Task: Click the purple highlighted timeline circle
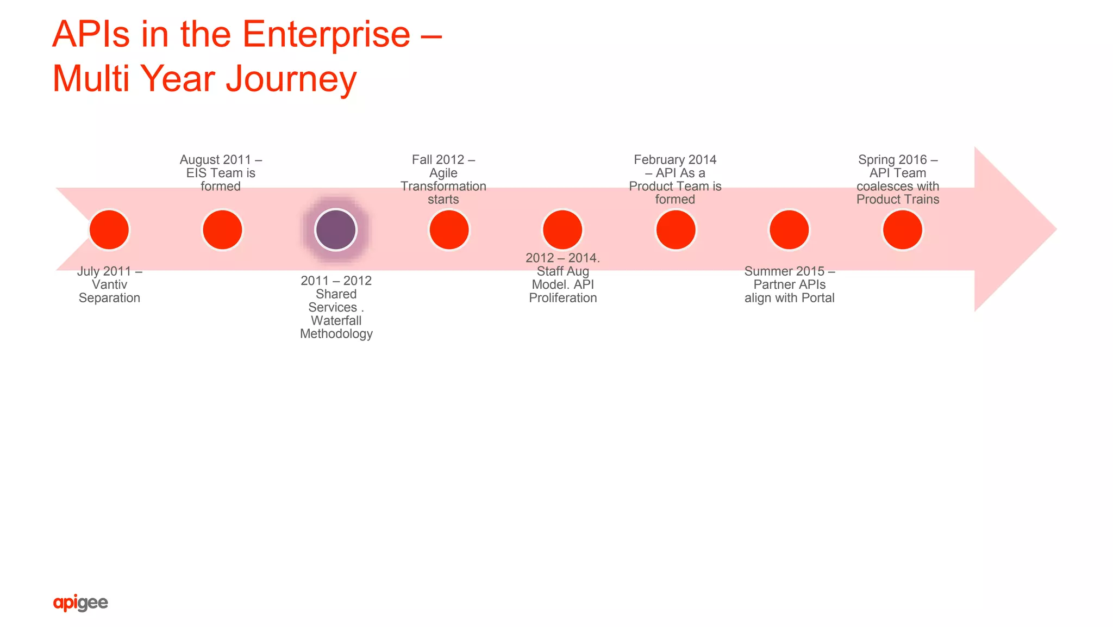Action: click(336, 229)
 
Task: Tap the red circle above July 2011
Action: click(109, 229)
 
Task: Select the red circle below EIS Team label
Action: click(222, 229)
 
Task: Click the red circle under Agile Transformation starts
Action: click(449, 229)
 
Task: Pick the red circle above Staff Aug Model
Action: click(562, 229)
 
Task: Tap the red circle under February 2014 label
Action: click(676, 229)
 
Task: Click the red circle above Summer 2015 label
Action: click(789, 229)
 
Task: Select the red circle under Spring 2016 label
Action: click(902, 229)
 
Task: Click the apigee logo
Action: click(80, 603)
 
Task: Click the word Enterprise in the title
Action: click(326, 34)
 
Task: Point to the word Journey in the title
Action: click(291, 79)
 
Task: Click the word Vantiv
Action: click(109, 284)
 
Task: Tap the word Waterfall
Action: click(336, 320)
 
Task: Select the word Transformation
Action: click(443, 186)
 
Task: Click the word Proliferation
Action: click(562, 297)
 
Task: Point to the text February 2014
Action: click(675, 159)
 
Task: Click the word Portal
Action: click(817, 297)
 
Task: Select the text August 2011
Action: click(215, 159)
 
